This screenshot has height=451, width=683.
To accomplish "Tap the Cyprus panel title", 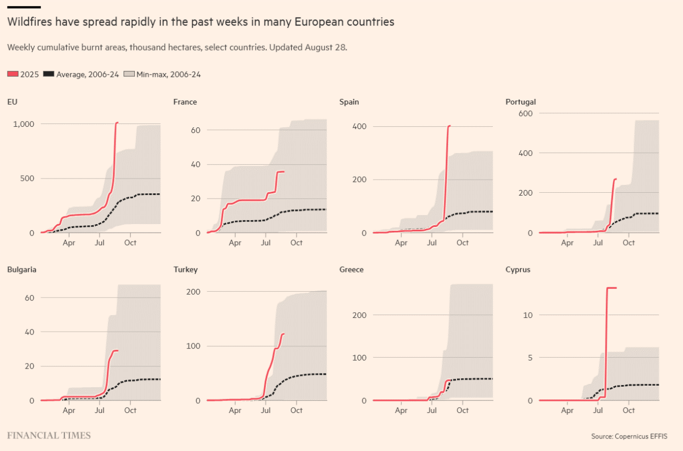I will tap(517, 270).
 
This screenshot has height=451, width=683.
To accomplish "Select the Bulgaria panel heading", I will tap(22, 270).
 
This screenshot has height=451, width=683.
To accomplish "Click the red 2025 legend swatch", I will tap(13, 74).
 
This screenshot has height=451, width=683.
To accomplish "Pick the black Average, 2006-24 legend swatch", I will tap(49, 74).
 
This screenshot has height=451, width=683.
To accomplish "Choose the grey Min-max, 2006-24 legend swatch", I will tap(129, 74).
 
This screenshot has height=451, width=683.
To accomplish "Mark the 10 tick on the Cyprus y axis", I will tap(527, 315).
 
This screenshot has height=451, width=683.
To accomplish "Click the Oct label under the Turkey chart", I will tap(296, 410).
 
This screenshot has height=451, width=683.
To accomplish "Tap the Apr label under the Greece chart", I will tap(401, 410).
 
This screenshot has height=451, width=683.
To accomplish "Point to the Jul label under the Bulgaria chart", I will tap(100, 410).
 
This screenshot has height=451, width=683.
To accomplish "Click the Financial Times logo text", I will tap(48, 436).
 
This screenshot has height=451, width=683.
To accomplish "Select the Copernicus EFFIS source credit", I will tap(629, 436).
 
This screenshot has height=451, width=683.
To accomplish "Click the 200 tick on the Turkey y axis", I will tap(195, 292).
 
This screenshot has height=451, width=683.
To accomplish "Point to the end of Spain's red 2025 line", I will tap(450, 126).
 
